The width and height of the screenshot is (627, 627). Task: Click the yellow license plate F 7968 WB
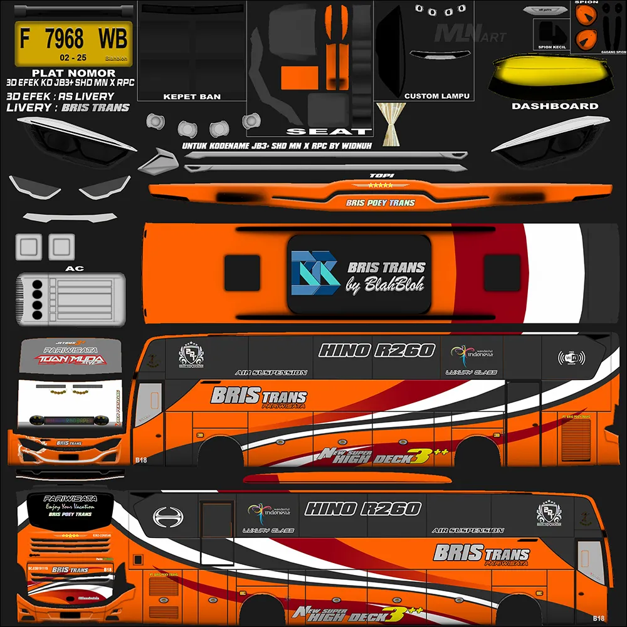(x=73, y=43)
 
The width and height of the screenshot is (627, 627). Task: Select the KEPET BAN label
(x=192, y=97)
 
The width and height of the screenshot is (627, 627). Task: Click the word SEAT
(x=329, y=132)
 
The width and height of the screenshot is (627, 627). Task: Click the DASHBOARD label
(x=555, y=106)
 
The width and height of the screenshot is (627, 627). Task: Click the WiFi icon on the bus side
(x=571, y=358)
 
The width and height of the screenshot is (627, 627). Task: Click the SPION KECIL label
(x=552, y=46)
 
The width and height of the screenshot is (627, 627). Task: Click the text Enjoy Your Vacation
(x=70, y=506)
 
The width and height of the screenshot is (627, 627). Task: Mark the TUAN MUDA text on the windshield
(x=70, y=360)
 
